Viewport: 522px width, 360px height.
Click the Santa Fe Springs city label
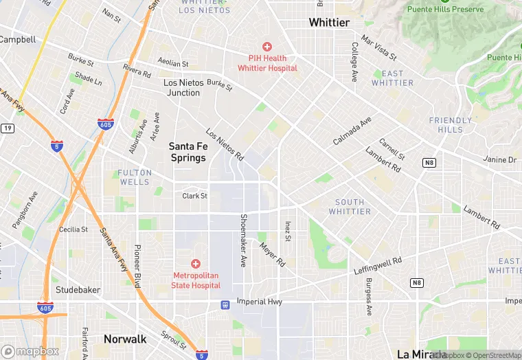pos(188,152)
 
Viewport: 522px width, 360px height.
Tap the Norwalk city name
pos(125,339)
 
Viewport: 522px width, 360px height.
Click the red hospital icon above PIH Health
pos(267,47)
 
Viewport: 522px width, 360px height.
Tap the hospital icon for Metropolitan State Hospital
pos(196,264)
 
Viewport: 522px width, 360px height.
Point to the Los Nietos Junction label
pos(184,87)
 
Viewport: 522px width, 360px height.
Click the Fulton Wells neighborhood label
pos(134,177)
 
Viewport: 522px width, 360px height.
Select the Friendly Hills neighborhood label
pos(451,125)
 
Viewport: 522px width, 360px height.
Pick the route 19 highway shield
pos(7,128)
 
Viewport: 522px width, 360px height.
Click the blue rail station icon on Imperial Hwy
pos(225,304)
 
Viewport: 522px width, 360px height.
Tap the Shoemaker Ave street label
pos(242,240)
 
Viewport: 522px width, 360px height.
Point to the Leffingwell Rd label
pos(377,266)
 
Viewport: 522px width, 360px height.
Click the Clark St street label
pos(194,196)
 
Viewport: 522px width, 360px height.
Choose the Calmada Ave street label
pos(352,130)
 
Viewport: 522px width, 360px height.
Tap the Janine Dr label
pos(499,159)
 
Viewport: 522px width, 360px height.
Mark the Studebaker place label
pos(78,289)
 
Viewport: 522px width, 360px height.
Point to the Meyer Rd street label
pos(272,254)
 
